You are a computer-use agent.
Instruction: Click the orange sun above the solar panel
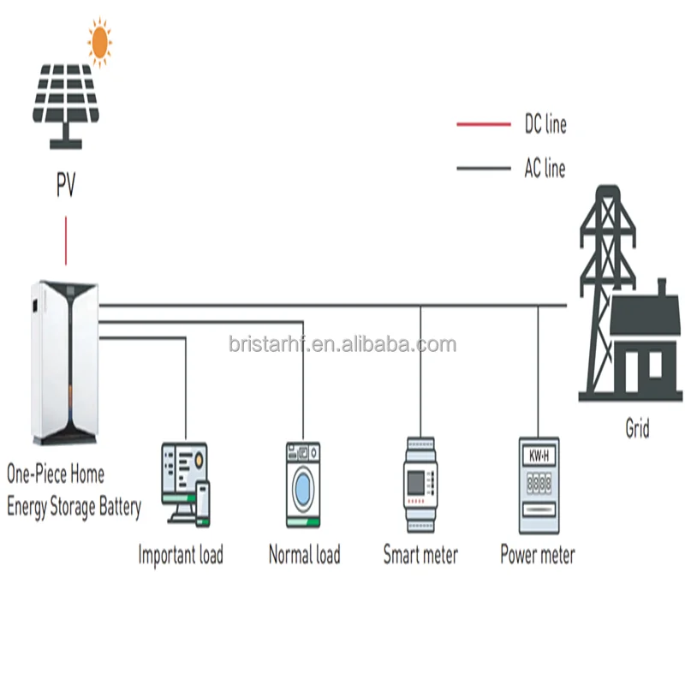pyautogui.click(x=100, y=40)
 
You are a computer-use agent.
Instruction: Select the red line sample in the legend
pyautogui.click(x=484, y=125)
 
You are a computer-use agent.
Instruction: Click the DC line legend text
pyautogui.click(x=545, y=125)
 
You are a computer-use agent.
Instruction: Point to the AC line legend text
pyautogui.click(x=545, y=168)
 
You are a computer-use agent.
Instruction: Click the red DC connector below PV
pyautogui.click(x=66, y=240)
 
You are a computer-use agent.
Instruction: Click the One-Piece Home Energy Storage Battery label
pyautogui.click(x=73, y=490)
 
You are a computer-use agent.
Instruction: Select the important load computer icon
pyautogui.click(x=185, y=482)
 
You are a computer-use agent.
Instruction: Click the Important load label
pyautogui.click(x=181, y=555)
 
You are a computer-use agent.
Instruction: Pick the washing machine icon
pyautogui.click(x=303, y=484)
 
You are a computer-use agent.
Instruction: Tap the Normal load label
pyautogui.click(x=304, y=555)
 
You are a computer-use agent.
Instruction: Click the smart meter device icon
pyautogui.click(x=420, y=485)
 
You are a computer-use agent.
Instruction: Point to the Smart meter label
pyautogui.click(x=420, y=555)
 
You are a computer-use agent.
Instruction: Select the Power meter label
pyautogui.click(x=538, y=555)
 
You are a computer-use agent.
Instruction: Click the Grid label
pyautogui.click(x=637, y=428)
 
